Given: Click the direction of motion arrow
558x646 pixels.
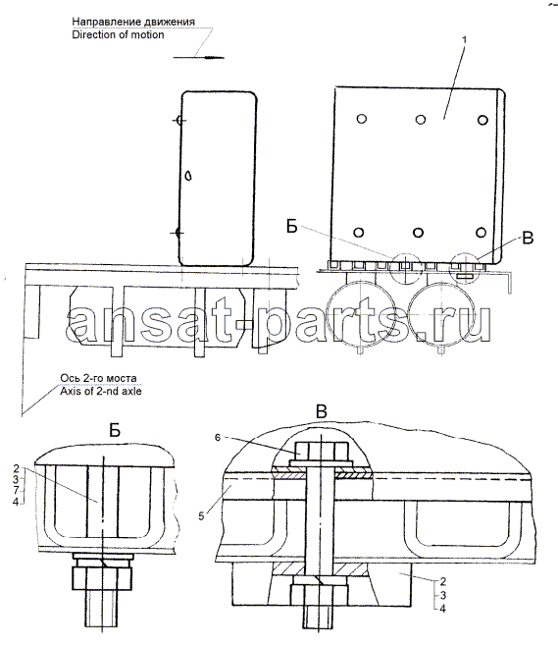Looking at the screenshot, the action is click(199, 57).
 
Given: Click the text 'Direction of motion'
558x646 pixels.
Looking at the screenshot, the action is click(118, 34).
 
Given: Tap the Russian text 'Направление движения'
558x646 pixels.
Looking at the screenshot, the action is click(133, 22).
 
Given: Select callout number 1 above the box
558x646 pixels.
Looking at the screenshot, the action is click(464, 40).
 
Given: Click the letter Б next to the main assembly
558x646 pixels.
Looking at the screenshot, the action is click(292, 226).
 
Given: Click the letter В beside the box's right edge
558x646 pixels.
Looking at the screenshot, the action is click(528, 238).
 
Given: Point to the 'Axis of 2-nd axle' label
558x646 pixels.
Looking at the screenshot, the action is click(101, 391).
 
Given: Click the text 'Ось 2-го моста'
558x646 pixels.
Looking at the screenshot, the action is click(98, 378).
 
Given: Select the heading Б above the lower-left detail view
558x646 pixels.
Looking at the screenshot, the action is click(115, 430).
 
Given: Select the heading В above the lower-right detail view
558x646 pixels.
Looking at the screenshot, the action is click(322, 411).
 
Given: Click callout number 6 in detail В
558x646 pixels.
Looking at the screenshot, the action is click(218, 437).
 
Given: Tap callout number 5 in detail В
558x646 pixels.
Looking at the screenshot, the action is click(201, 516).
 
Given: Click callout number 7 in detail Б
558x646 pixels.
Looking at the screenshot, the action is click(16, 491).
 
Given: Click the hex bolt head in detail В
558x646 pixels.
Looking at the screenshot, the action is click(321, 449).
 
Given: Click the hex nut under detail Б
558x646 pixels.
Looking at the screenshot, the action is click(102, 578).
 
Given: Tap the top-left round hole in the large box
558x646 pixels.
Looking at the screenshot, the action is click(361, 119).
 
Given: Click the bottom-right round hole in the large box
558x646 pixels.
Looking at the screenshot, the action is click(481, 232).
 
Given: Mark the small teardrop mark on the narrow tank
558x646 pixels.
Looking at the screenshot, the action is click(188, 176).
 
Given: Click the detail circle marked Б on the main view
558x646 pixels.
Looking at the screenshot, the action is click(405, 268).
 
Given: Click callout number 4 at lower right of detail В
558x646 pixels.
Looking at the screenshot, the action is click(442, 608).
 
